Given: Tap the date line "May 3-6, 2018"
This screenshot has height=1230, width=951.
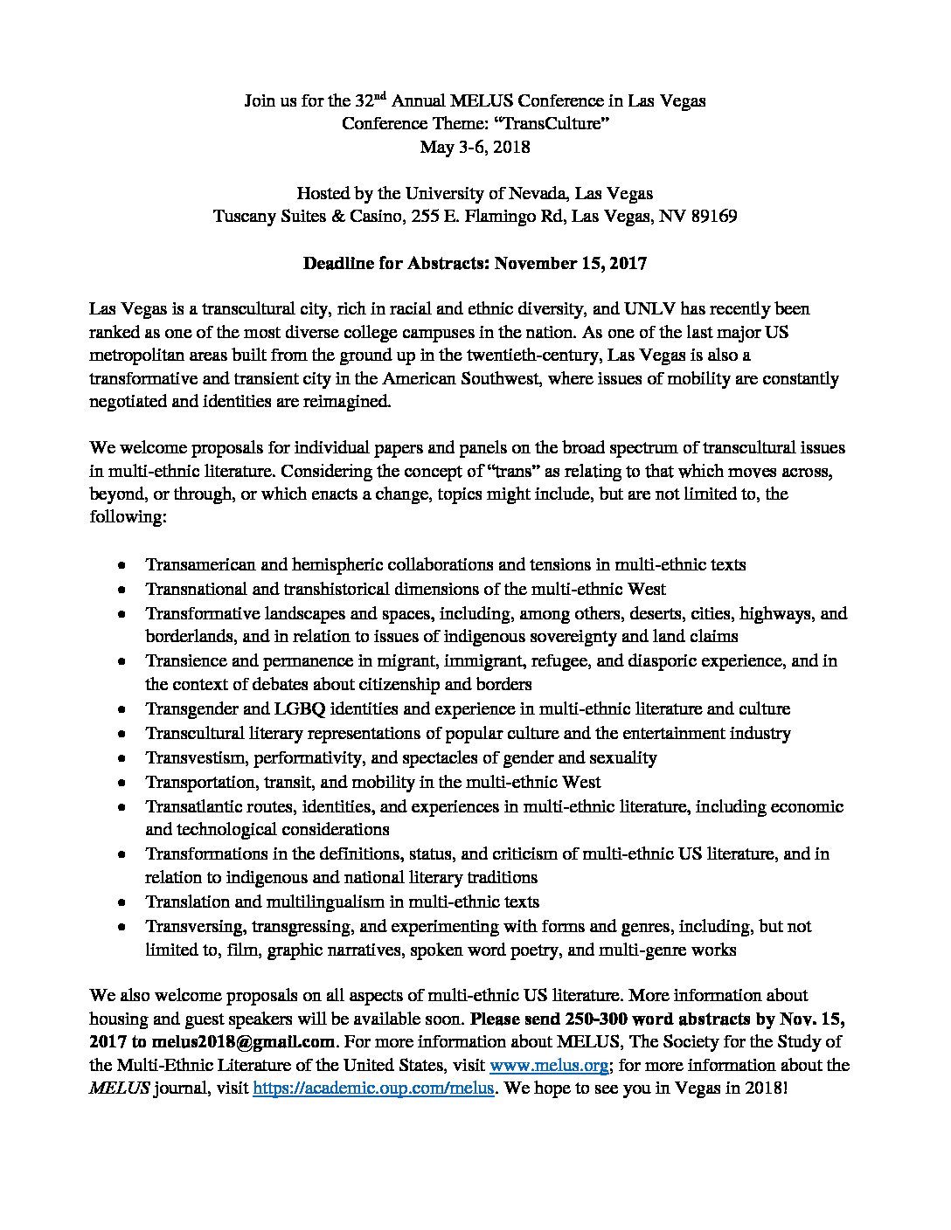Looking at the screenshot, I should coord(475,147).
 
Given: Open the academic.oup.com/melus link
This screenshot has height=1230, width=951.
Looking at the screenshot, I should coord(374,1089).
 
